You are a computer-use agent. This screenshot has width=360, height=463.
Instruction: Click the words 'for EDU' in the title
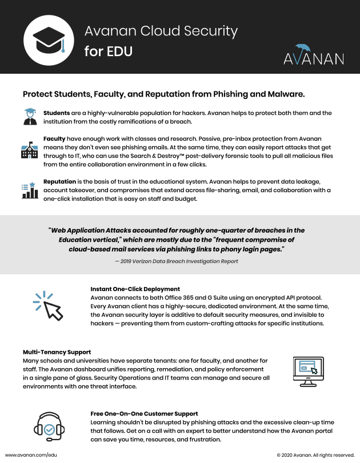[x=109, y=51]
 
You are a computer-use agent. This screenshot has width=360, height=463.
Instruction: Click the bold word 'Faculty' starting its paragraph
[x=54, y=139]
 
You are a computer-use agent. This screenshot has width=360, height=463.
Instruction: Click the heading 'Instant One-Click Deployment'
[x=135, y=289]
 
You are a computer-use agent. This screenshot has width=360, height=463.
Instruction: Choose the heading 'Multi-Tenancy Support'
[x=57, y=352]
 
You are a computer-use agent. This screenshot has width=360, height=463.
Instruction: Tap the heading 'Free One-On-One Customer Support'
[x=144, y=413]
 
